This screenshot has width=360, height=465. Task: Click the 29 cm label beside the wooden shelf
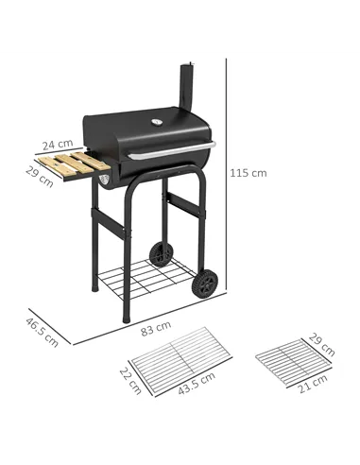[x=40, y=176]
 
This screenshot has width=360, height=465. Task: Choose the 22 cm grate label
[x=131, y=379]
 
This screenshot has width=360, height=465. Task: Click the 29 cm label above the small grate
[x=322, y=344]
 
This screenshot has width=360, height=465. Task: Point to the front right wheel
[x=206, y=283]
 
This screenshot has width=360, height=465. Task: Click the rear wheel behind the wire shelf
[x=163, y=254]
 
